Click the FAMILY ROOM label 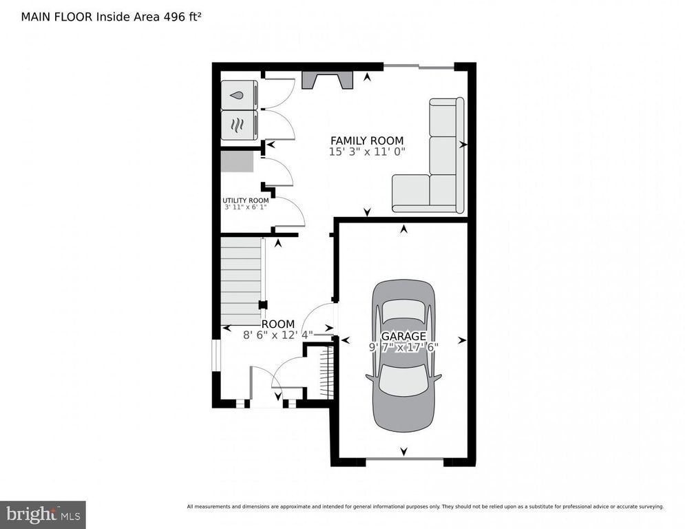[366, 141]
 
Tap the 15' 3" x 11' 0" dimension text [366, 152]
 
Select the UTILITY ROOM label [246, 200]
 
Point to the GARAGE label [403, 336]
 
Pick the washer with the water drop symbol [238, 95]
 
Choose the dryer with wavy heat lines [238, 125]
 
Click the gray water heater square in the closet [237, 162]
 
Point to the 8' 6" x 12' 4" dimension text [277, 335]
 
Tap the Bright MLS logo [43, 514]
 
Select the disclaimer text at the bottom [425, 506]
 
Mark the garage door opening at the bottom [403, 460]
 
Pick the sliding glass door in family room [418, 66]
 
